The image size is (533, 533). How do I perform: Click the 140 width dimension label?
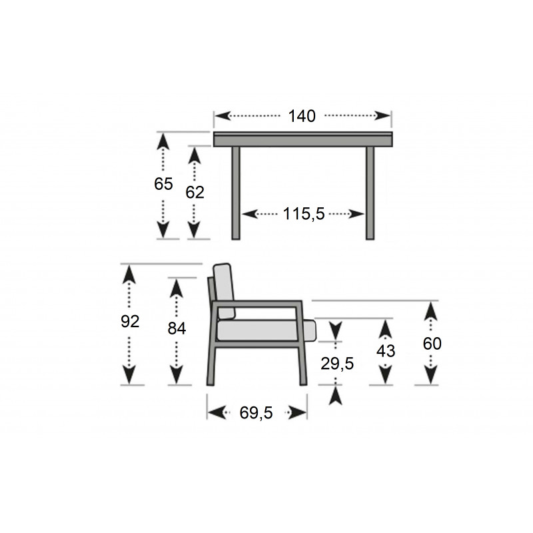pyautogui.click(x=302, y=116)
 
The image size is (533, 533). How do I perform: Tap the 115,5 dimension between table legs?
pyautogui.click(x=304, y=214)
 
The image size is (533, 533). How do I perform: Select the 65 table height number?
pyautogui.click(x=163, y=184)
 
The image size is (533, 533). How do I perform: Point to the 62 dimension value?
pyautogui.click(x=195, y=193)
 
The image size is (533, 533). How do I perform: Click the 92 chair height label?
pyautogui.click(x=130, y=321)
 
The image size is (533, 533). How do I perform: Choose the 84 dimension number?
pyautogui.click(x=177, y=328)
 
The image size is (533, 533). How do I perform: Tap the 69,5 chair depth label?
pyautogui.click(x=256, y=413)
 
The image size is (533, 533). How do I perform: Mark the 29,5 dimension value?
pyautogui.click(x=337, y=364)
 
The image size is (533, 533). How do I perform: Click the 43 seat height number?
pyautogui.click(x=386, y=351)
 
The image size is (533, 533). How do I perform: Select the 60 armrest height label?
pyautogui.click(x=432, y=344)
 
